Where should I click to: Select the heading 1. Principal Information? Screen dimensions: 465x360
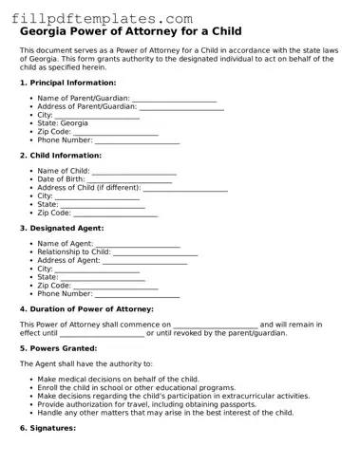[67, 83]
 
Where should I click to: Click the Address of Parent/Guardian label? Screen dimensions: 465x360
[87, 106]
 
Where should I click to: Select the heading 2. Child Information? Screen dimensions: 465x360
[63, 155]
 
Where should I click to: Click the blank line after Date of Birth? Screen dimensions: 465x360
[129, 178]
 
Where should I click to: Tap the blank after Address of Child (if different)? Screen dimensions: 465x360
[185, 187]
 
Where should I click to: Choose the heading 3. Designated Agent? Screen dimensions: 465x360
[62, 228]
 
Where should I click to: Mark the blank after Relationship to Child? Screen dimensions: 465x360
[156, 251]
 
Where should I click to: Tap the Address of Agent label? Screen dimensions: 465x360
[68, 260]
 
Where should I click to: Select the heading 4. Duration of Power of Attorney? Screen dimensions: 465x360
[86, 309]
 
